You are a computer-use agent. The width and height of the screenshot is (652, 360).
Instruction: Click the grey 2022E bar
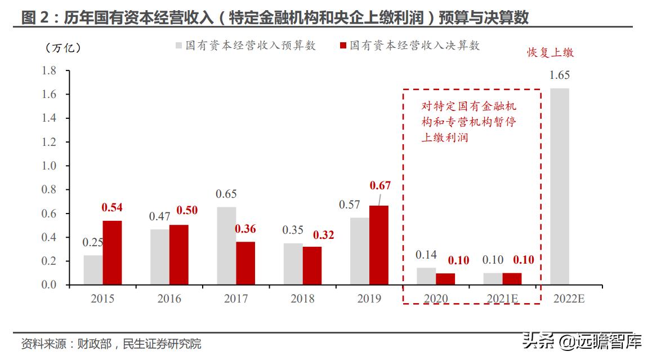pos(559,186)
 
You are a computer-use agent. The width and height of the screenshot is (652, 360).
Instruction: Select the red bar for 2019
pos(379,245)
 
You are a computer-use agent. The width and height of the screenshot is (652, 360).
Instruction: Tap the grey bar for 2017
pos(226,246)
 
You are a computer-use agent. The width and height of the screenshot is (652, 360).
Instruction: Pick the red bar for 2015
pos(112,252)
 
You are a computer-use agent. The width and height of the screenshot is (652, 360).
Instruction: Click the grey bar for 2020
pos(426,276)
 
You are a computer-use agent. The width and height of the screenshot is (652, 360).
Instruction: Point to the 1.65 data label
pos(560,75)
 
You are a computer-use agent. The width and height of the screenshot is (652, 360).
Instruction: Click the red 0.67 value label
pos(380,185)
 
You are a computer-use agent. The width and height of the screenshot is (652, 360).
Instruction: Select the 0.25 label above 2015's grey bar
pos(93,243)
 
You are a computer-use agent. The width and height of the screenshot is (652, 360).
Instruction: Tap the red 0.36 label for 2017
pos(245,229)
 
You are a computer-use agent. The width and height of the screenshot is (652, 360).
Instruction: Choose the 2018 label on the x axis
pos(302,299)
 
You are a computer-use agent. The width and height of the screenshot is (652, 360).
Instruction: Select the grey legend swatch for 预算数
pos(178,46)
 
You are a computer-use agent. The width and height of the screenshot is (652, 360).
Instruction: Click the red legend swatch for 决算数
pos(343,46)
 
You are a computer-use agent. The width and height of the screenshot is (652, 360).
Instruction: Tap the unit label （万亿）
pos(63,48)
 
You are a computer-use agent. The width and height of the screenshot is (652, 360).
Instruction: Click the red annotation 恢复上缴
pos(550,53)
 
